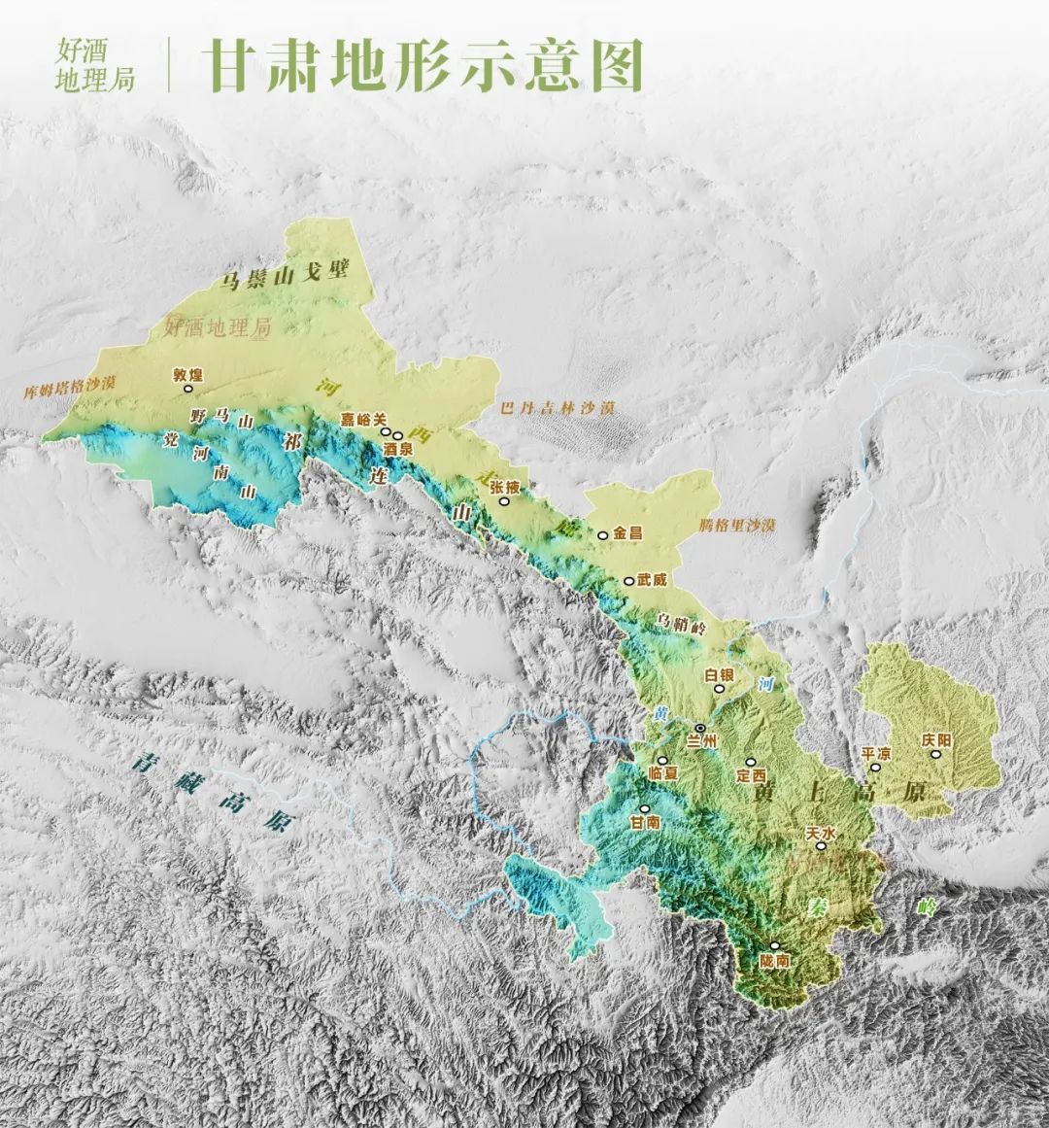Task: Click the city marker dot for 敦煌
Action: click(189, 387)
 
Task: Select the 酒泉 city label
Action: click(398, 450)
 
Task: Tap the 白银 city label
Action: click(719, 673)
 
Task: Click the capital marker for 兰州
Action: click(700, 728)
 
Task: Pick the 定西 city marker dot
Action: click(749, 763)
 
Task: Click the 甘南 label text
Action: click(645, 821)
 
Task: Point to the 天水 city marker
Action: click(822, 846)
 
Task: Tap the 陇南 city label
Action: click(776, 960)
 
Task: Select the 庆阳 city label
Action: click(936, 739)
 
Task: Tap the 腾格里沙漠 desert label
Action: click(737, 525)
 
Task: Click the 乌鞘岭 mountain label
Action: click(680, 623)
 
